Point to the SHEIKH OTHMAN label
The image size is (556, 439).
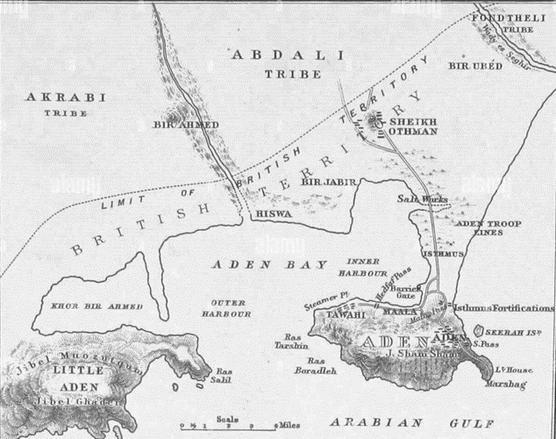(x=411, y=126)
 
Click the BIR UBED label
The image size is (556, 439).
(x=474, y=66)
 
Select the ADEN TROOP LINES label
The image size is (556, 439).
(x=488, y=229)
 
